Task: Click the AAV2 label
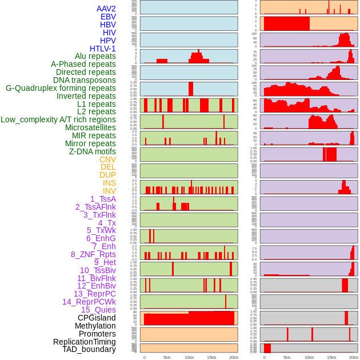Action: click(106, 9)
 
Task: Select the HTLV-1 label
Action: click(103, 49)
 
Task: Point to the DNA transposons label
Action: click(85, 81)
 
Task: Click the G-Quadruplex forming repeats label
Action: click(61, 89)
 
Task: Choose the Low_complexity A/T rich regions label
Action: click(58, 119)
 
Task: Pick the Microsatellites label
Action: click(90, 127)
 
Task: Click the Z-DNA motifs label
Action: click(93, 151)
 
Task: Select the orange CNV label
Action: click(107, 159)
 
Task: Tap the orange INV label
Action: click(109, 191)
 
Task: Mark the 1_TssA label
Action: click(103, 199)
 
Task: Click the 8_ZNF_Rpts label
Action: click(93, 254)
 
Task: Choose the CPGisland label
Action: click(97, 318)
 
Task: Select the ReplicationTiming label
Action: click(85, 342)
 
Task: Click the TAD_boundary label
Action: click(89, 349)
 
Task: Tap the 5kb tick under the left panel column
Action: click(167, 357)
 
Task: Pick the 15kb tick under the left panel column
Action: click(211, 357)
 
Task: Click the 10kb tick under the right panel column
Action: click(309, 357)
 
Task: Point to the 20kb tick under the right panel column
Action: click(354, 357)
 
